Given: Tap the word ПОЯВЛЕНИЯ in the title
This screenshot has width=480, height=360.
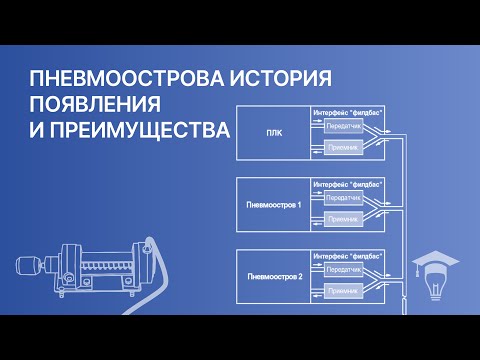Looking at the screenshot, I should click(95, 105).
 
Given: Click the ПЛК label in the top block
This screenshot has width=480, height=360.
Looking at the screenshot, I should click(273, 132).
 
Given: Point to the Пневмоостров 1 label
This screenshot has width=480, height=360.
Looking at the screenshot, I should click(273, 203).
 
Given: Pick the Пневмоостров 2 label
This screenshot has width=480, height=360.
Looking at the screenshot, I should click(273, 273).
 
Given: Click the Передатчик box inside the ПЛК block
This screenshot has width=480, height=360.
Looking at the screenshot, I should click(340, 127).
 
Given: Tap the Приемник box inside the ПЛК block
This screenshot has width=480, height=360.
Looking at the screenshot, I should click(340, 147).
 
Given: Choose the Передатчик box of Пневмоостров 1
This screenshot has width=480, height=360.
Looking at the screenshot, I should click(340, 198).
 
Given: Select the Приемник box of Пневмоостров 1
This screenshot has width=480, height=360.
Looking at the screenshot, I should click(340, 218).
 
